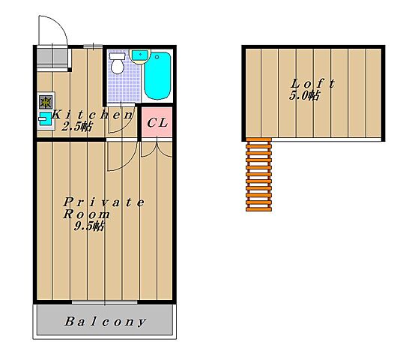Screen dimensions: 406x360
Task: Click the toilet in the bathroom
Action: [118, 63]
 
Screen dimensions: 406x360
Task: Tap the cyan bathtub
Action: [157, 76]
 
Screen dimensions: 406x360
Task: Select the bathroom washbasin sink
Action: [140, 55]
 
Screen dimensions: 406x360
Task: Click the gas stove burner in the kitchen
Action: [46, 102]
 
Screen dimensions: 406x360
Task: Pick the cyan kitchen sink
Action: [46, 118]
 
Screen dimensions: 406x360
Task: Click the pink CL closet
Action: [157, 121]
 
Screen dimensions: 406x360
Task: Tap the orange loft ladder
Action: [258, 175]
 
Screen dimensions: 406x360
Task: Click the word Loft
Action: [313, 84]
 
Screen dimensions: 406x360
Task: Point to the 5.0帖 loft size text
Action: [304, 96]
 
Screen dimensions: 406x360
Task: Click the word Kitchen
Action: [92, 115]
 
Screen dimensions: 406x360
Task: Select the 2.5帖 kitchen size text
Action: [77, 127]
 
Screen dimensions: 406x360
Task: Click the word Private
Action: [104, 202]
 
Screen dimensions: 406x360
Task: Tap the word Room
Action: [87, 214]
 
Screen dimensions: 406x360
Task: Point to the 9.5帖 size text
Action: [89, 226]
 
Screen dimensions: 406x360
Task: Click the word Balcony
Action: [105, 322]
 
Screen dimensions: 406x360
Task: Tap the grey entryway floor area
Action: [52, 57]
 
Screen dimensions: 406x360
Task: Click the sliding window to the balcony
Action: [104, 302]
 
